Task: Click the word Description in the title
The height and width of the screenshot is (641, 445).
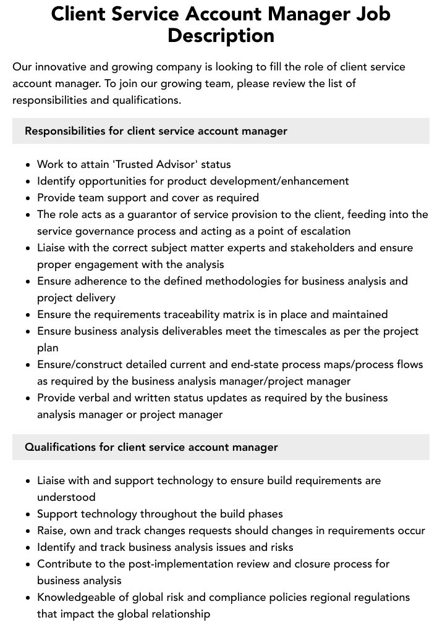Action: pyautogui.click(x=221, y=35)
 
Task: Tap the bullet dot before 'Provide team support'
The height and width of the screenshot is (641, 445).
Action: pyautogui.click(x=28, y=198)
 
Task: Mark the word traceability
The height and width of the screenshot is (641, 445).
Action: pyautogui.click(x=199, y=314)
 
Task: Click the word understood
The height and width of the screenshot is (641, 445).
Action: pyautogui.click(x=66, y=497)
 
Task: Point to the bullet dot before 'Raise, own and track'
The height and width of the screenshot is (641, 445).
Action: pyautogui.click(x=28, y=531)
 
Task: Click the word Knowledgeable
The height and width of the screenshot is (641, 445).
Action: pyautogui.click(x=77, y=597)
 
